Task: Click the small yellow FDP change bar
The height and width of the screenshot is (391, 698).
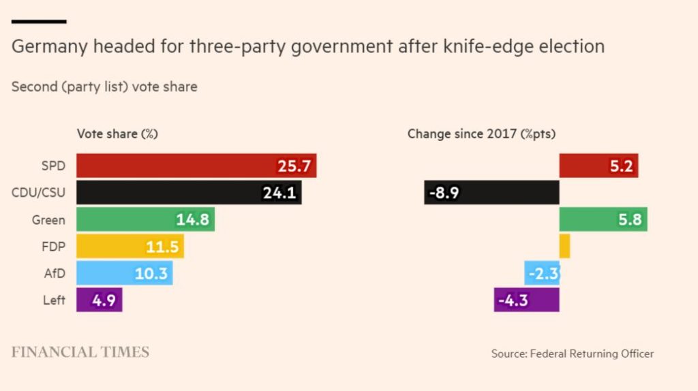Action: [564, 246]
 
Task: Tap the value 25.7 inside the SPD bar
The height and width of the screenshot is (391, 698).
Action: [294, 166]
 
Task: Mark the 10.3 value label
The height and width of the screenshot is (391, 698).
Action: [151, 273]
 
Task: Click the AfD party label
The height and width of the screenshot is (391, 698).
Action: [54, 273]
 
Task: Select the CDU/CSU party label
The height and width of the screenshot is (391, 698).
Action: [38, 193]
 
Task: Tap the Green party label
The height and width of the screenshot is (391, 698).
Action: [48, 219]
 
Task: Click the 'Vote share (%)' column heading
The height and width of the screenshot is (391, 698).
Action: [117, 134]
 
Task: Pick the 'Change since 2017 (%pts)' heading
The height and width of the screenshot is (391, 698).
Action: [481, 134]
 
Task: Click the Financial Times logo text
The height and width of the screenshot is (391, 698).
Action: [80, 352]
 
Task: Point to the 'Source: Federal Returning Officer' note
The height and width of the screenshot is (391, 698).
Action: [572, 354]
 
